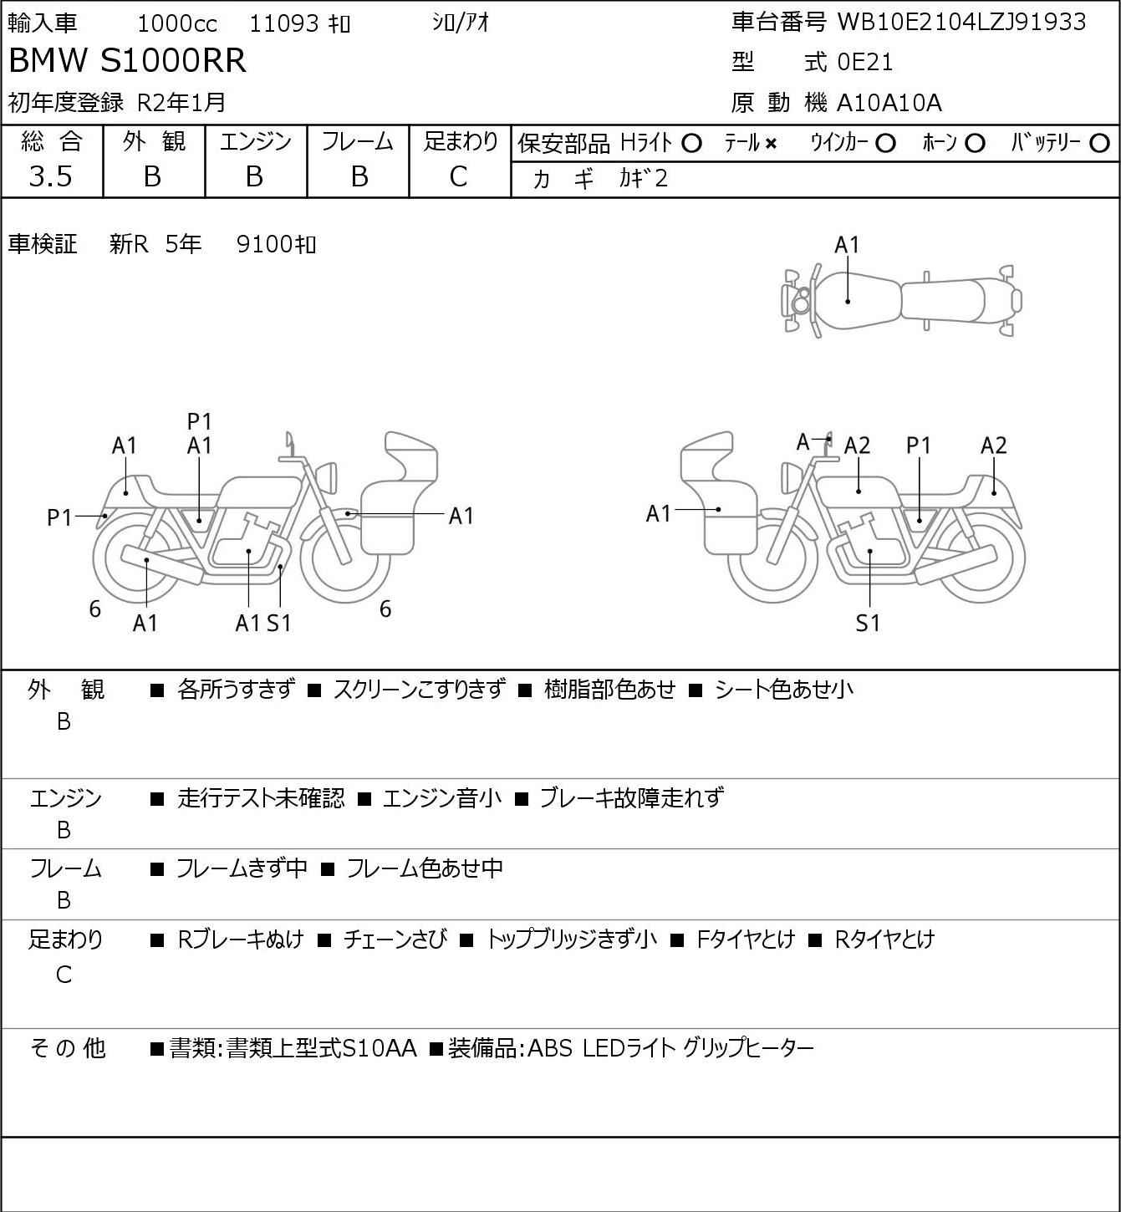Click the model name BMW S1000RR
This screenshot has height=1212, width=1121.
(128, 60)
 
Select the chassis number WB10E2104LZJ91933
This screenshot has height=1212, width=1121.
(961, 22)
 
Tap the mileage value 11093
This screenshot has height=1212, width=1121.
(284, 23)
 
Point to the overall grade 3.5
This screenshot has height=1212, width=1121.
(51, 176)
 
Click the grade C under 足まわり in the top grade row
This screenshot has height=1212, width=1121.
(459, 177)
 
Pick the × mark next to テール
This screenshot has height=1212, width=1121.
(771, 144)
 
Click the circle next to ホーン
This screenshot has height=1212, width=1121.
(975, 144)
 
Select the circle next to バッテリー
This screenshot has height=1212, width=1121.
(1099, 144)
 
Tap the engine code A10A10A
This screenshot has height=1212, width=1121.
(889, 103)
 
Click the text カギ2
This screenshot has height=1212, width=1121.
(644, 179)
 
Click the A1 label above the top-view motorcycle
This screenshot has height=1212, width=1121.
(847, 245)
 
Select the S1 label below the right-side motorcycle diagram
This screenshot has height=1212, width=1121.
(868, 623)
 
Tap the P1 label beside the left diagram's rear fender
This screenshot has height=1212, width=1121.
(59, 517)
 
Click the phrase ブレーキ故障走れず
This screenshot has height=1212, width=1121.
(632, 797)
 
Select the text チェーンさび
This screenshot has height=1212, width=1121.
(395, 939)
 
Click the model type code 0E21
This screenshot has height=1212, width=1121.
(864, 62)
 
